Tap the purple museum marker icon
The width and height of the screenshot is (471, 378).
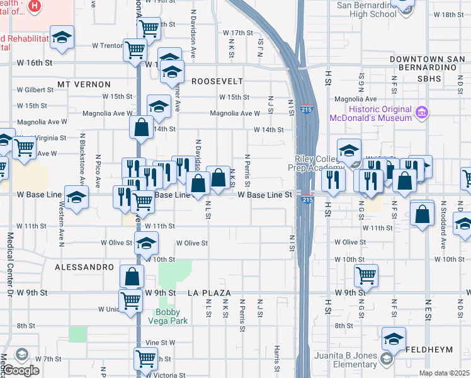[422, 113]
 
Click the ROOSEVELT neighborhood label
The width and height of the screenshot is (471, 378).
[217, 81]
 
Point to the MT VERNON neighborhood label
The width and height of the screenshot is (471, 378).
[84, 84]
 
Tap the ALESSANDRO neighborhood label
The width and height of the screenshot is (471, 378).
[84, 267]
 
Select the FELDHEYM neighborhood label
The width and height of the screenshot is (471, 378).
[434, 348]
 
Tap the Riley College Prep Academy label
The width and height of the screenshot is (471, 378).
[317, 163]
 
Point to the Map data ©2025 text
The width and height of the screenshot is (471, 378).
[444, 373]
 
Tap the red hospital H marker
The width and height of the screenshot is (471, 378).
[34, 7]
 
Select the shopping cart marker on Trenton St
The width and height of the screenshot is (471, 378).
[135, 49]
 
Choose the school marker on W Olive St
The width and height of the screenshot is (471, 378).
[145, 242]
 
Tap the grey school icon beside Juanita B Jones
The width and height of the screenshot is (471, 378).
[386, 359]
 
